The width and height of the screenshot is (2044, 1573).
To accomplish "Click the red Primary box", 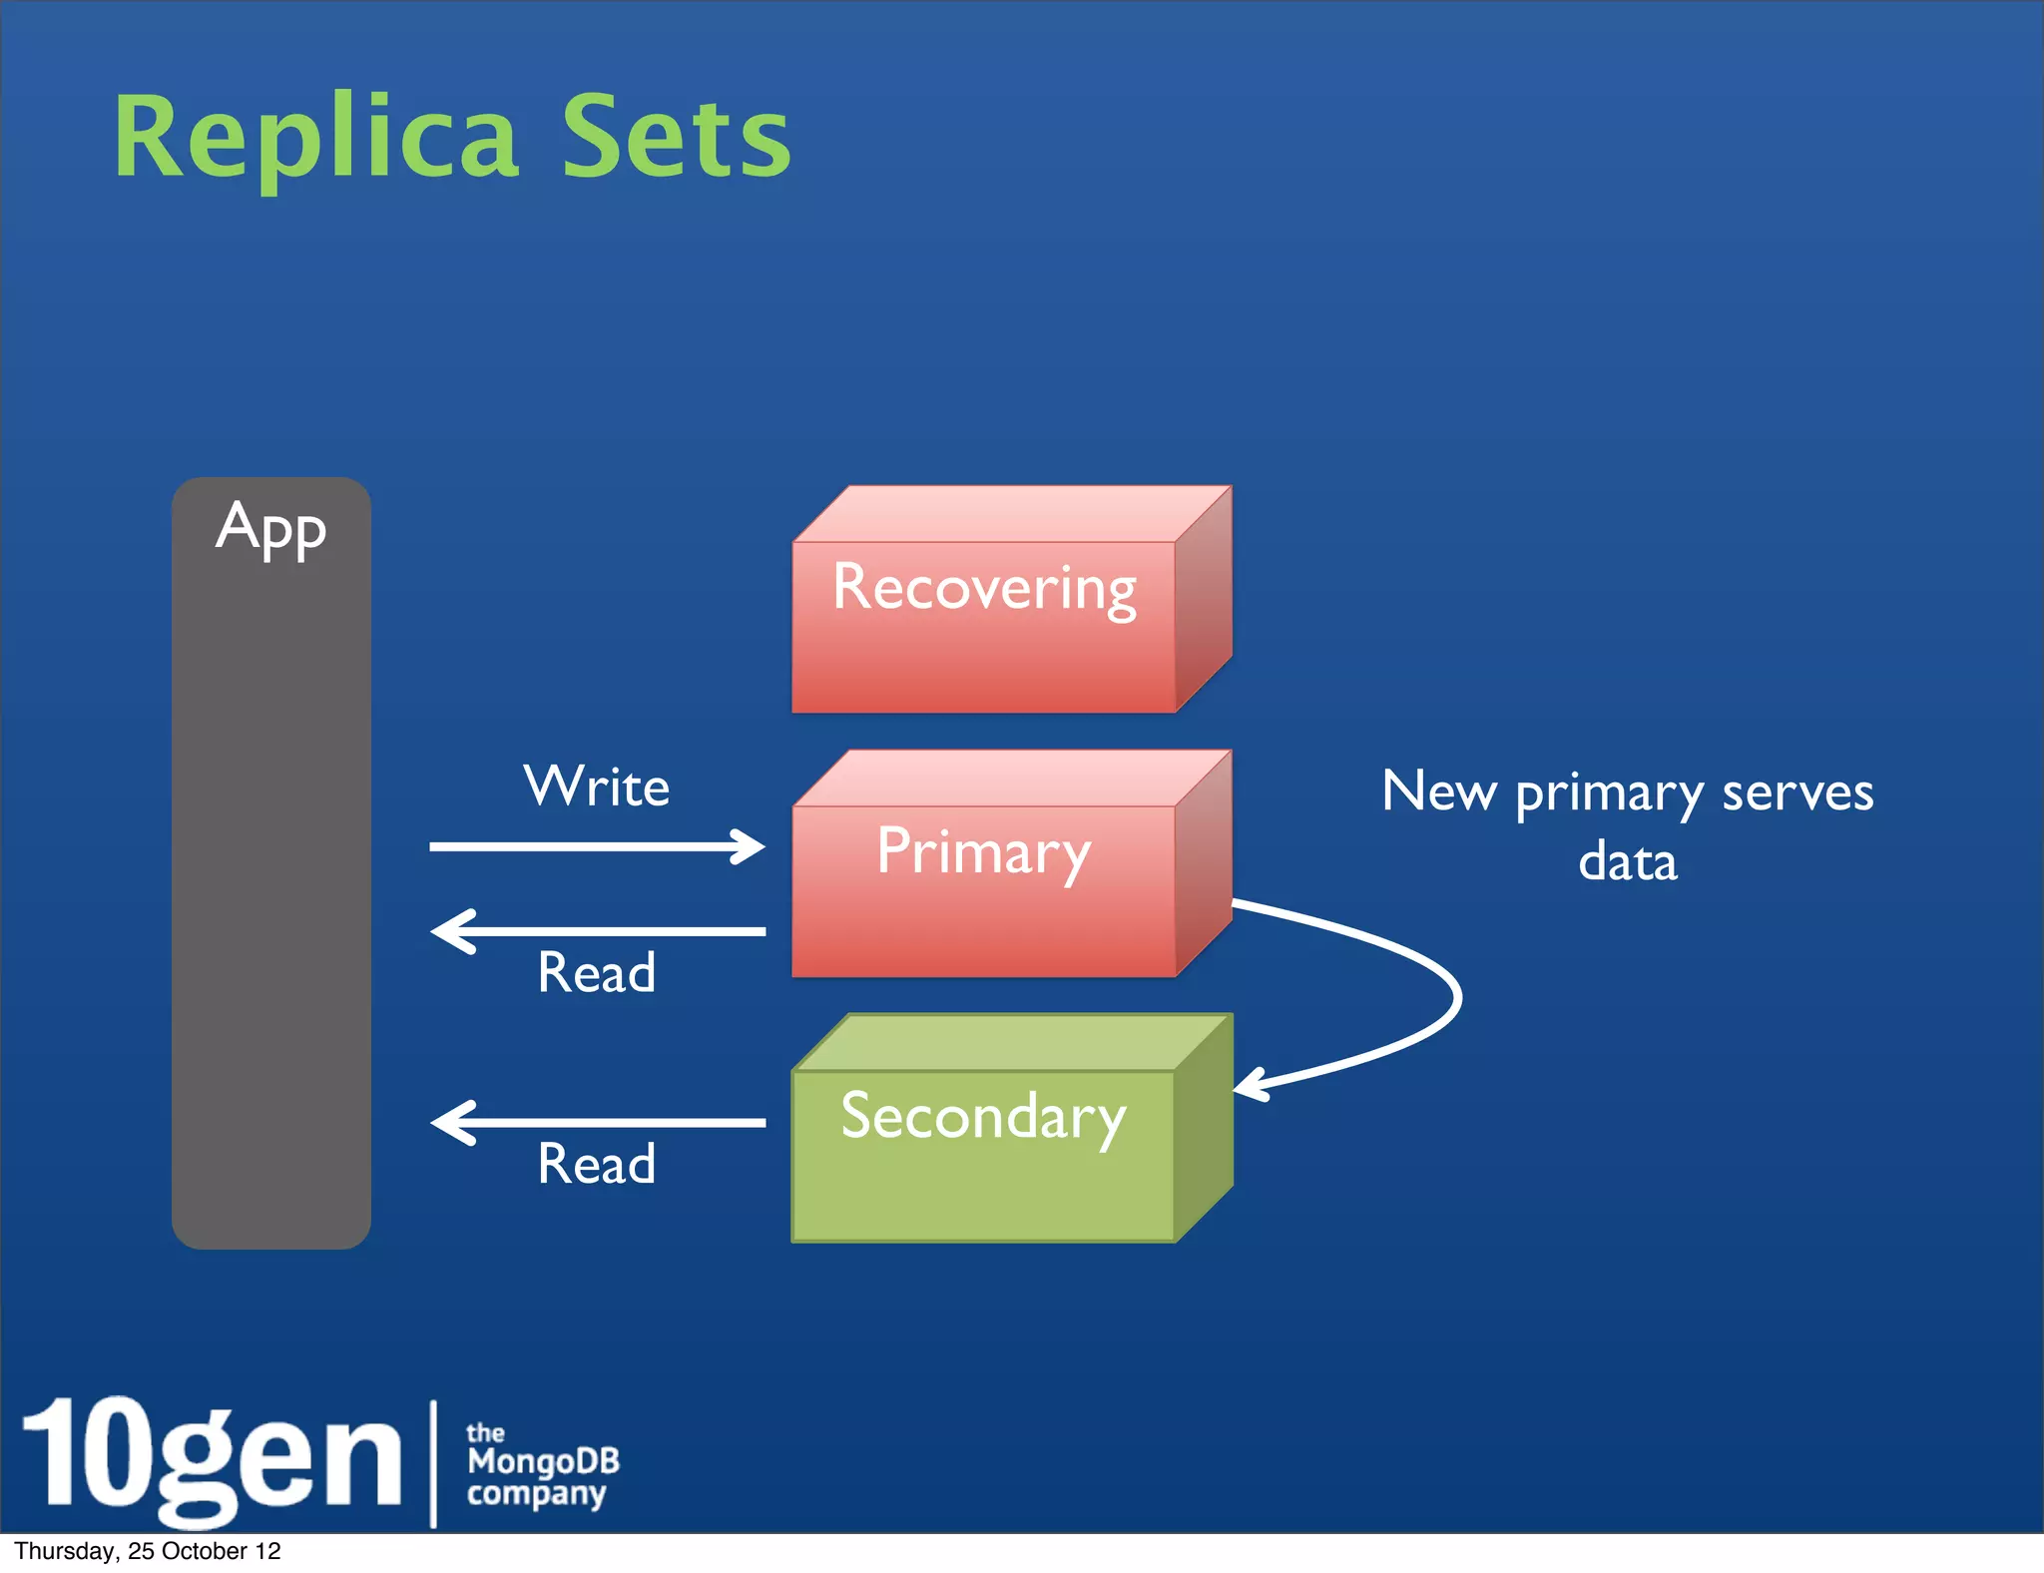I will pyautogui.click(x=984, y=888).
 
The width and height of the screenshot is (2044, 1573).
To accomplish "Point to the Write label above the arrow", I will pyautogui.click(x=597, y=786).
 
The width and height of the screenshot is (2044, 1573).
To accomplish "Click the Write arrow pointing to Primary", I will pyautogui.click(x=597, y=846).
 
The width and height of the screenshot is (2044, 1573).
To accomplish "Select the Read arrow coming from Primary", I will pyautogui.click(x=597, y=931).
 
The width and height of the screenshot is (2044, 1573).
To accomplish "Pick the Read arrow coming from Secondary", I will pyautogui.click(x=597, y=1122).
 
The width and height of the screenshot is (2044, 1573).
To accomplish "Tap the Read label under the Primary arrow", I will pyautogui.click(x=597, y=973).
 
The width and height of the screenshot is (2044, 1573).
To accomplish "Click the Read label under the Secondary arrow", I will pyautogui.click(x=597, y=1164).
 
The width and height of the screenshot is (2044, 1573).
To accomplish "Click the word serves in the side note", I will pyautogui.click(x=1797, y=793).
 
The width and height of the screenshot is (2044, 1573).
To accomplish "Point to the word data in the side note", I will pyautogui.click(x=1628, y=861).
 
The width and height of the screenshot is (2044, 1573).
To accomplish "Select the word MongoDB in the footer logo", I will pyautogui.click(x=543, y=1461).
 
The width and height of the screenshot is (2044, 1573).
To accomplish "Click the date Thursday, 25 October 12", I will pyautogui.click(x=148, y=1551).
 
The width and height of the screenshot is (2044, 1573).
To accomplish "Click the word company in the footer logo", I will pyautogui.click(x=536, y=1494).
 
